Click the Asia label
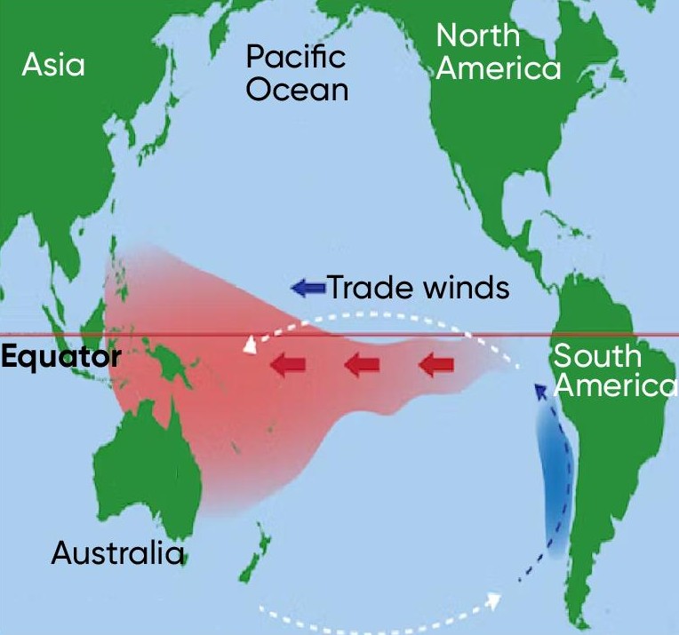pyautogui.click(x=53, y=65)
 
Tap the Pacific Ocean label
pyautogui.click(x=297, y=74)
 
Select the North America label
pyautogui.click(x=498, y=52)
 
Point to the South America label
pyautogui.click(x=610, y=371)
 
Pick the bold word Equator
pyautogui.click(x=60, y=358)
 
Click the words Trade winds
pyautogui.click(x=419, y=288)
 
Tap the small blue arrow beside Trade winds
pyautogui.click(x=308, y=287)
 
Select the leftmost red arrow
pyautogui.click(x=288, y=364)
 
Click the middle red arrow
pyautogui.click(x=361, y=363)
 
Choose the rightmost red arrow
pyautogui.click(x=435, y=363)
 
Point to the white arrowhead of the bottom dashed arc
pyautogui.click(x=493, y=600)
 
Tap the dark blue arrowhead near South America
pyautogui.click(x=539, y=393)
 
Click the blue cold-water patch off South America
pyautogui.click(x=552, y=480)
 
